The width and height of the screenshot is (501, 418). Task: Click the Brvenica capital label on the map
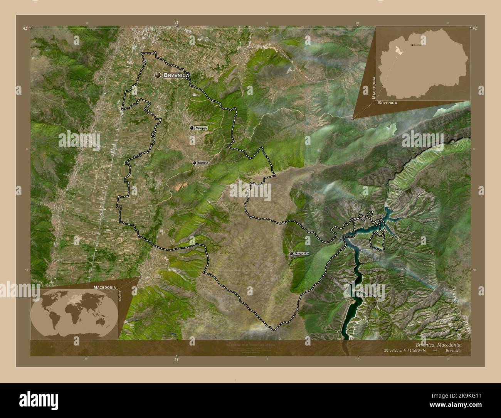[x=177, y=76]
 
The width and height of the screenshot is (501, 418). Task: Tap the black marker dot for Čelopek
[x=192, y=128]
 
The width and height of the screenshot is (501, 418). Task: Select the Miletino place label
[x=203, y=163]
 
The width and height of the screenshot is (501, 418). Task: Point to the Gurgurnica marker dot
[x=291, y=253]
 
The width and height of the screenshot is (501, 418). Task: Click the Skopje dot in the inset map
[x=413, y=45]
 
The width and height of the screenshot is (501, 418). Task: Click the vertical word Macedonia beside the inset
[x=374, y=88]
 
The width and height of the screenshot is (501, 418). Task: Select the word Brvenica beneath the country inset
[x=387, y=103]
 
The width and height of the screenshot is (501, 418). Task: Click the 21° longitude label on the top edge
[x=177, y=22]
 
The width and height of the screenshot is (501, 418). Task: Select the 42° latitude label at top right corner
[x=475, y=28]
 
